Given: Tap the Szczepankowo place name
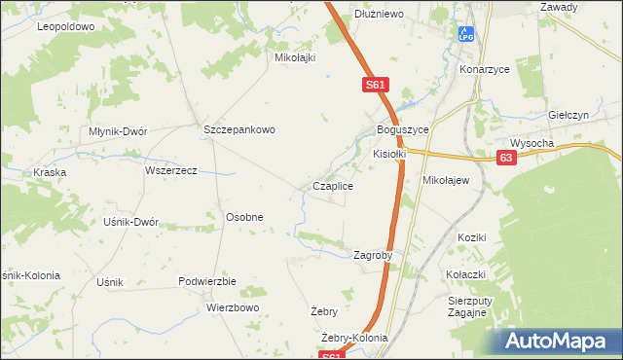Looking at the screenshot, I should click(x=239, y=129).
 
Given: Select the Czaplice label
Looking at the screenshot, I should click(x=332, y=185).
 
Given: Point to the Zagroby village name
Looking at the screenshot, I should click(x=373, y=255).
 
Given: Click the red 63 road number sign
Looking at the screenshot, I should click(x=505, y=158).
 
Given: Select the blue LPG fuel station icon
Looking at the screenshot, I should click(x=466, y=35).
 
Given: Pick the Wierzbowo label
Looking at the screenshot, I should click(x=233, y=307).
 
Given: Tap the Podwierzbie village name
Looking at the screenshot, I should click(x=207, y=280).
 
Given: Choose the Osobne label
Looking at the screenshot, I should click(x=244, y=217).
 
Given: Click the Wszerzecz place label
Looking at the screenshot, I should click(x=171, y=169).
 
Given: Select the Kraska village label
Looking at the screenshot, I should click(x=49, y=172).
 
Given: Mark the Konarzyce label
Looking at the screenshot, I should click(x=486, y=71).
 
